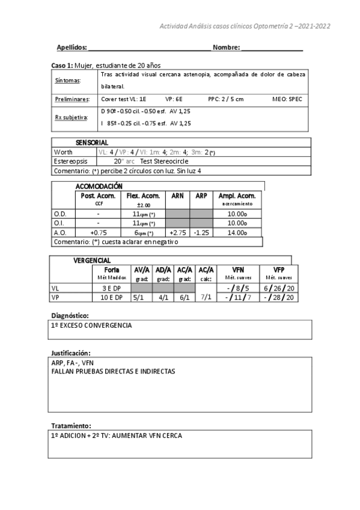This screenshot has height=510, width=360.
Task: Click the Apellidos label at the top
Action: (x=72, y=47)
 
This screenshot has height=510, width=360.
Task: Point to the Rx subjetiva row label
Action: (x=71, y=117)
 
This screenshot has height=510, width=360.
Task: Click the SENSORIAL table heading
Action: (x=91, y=143)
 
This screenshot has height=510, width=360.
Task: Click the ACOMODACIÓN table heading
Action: (x=99, y=186)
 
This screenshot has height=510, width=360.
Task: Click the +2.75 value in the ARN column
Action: (x=178, y=232)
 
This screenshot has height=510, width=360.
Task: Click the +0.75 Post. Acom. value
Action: (x=98, y=232)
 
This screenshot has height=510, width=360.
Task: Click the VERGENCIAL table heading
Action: (x=91, y=260)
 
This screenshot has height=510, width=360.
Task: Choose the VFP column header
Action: (x=279, y=269)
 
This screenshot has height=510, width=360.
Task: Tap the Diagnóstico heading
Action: (x=70, y=315)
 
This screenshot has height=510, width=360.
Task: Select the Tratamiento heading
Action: (x=70, y=425)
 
